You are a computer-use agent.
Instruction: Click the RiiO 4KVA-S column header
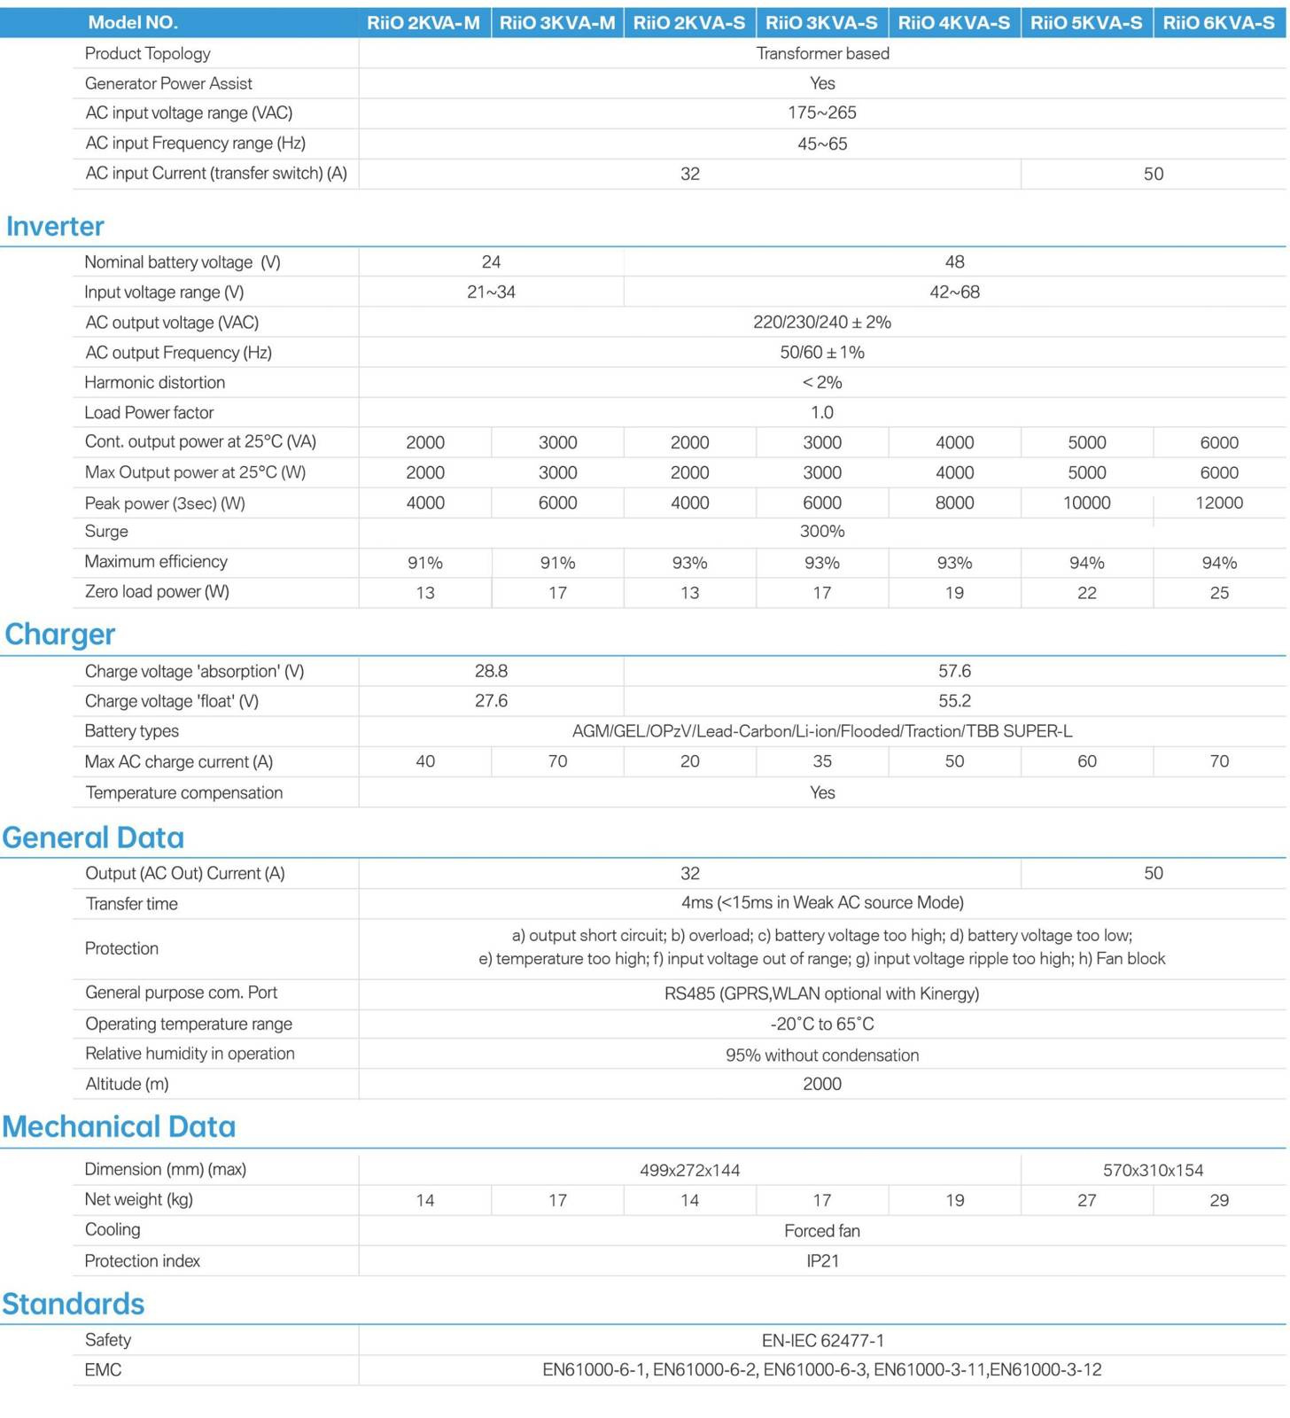click(x=953, y=22)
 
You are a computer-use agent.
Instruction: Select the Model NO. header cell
click(x=133, y=22)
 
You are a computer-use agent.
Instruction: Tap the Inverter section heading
click(x=55, y=226)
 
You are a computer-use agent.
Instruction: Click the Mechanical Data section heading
click(x=119, y=1126)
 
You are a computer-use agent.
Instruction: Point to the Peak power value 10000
click(x=1086, y=503)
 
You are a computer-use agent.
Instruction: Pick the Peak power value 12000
click(x=1219, y=503)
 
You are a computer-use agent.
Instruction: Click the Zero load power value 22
click(x=1086, y=592)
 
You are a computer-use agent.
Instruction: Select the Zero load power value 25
click(x=1219, y=592)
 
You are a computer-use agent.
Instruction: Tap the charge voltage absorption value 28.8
click(x=491, y=671)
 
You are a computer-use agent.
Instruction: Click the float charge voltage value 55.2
click(x=954, y=701)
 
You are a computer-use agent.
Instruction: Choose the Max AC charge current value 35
click(x=822, y=761)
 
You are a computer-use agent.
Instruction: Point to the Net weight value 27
click(x=1086, y=1200)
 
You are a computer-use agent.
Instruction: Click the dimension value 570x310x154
click(x=1153, y=1170)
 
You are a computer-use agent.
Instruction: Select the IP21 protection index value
click(x=822, y=1260)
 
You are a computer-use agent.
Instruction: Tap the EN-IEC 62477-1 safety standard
click(x=822, y=1340)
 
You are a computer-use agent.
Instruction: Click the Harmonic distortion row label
click(x=155, y=382)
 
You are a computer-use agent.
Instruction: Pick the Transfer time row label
click(x=132, y=903)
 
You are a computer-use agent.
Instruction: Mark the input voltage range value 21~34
click(x=491, y=292)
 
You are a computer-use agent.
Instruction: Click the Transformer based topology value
click(x=822, y=53)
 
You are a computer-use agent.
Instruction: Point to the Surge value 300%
click(x=822, y=531)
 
